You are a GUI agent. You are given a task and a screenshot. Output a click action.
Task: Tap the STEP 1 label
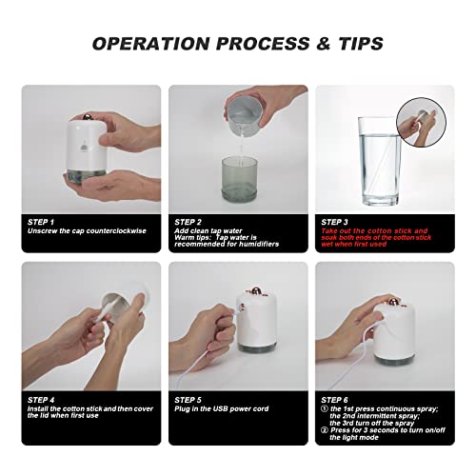tap(40, 221)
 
